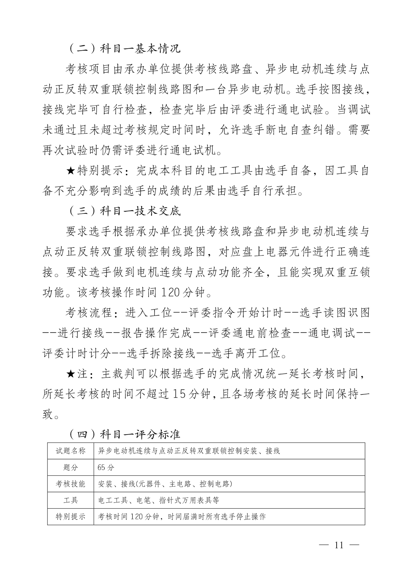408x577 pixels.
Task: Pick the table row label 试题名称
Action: pyautogui.click(x=71, y=451)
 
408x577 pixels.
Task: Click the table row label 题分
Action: pyautogui.click(x=71, y=467)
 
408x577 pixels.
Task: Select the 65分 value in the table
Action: pyautogui.click(x=106, y=467)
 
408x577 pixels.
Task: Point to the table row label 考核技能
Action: pyautogui.click(x=71, y=484)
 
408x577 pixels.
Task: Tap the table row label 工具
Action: pyautogui.click(x=71, y=500)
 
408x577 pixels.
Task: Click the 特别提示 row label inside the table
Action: pyautogui.click(x=71, y=517)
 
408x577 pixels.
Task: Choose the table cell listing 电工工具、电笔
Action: pyautogui.click(x=159, y=500)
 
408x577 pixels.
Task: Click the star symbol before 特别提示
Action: pyautogui.click(x=70, y=171)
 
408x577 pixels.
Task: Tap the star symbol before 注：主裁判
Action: pyautogui.click(x=70, y=374)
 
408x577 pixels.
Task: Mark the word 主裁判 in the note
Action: pyautogui.click(x=118, y=374)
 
